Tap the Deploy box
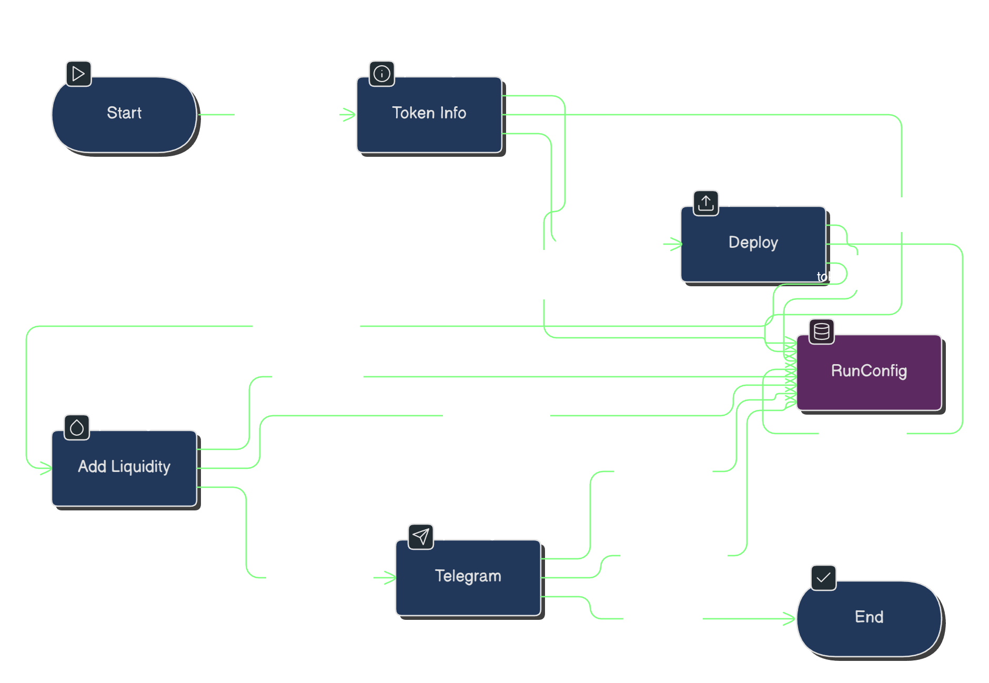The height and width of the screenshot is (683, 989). [753, 244]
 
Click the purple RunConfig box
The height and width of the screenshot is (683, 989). [869, 372]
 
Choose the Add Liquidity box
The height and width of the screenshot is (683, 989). [124, 468]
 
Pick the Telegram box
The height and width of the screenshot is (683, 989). [468, 577]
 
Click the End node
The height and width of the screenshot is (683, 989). [869, 618]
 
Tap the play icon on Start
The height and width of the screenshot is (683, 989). [79, 74]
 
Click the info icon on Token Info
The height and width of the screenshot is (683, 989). [382, 74]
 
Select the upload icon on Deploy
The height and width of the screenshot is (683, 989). [706, 203]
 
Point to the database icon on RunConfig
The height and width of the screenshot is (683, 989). [822, 332]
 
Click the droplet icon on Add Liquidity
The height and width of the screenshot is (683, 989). [77, 427]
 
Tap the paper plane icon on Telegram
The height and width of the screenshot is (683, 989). [421, 537]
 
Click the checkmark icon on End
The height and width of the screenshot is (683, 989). [823, 578]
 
